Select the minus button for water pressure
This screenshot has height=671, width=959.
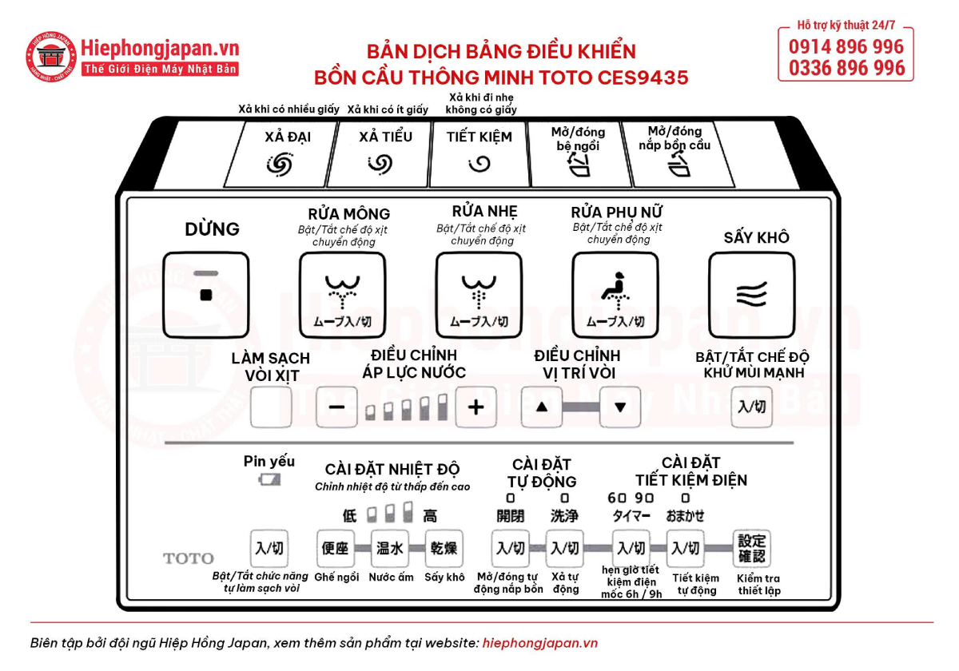pos(336,407)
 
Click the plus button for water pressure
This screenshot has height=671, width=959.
pos(476,407)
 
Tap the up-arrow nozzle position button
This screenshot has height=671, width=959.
pos(542,407)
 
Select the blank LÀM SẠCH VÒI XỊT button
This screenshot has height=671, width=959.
pos(271,407)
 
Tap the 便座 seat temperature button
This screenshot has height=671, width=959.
pos(334,549)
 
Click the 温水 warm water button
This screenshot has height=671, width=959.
pos(389,549)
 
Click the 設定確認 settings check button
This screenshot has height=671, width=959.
pos(752,549)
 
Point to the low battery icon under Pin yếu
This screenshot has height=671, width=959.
pos(269,479)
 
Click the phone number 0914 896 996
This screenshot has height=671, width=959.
pos(846,46)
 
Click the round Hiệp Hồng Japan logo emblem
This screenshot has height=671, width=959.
pos(53,57)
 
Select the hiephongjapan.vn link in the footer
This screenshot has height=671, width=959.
pos(540,643)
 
